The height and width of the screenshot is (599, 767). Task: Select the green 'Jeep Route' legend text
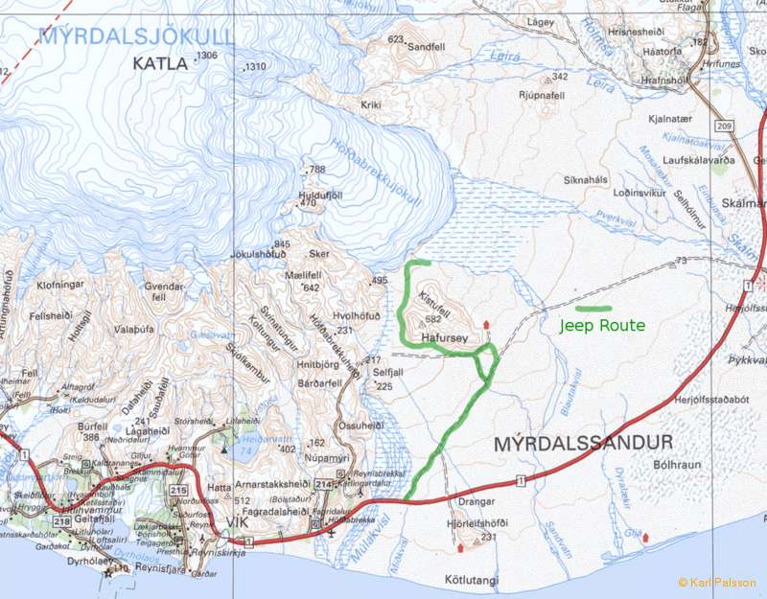point(602,326)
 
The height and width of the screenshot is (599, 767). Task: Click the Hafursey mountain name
point(444,337)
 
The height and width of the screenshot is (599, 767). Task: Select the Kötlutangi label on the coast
point(473,580)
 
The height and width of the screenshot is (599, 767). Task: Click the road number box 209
point(723,127)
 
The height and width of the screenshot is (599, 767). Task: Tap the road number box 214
point(324,485)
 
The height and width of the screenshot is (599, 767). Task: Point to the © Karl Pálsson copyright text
point(716,583)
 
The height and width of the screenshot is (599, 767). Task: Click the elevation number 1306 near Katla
point(207,57)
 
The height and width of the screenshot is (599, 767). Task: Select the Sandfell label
point(427,45)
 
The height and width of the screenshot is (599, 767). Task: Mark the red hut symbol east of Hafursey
point(486,325)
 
